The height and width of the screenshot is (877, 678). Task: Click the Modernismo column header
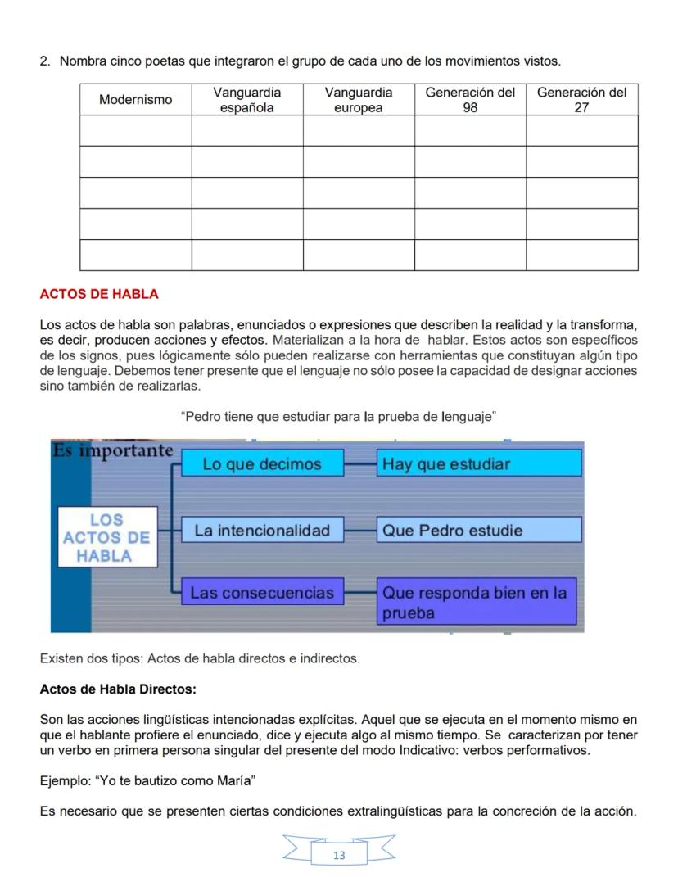(136, 100)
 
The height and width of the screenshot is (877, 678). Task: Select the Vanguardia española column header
(247, 100)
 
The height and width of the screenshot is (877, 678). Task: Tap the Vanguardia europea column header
(359, 100)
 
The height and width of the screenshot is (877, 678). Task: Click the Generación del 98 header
(470, 100)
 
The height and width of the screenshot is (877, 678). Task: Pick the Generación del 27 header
(581, 100)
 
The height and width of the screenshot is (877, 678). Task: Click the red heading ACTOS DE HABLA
(99, 294)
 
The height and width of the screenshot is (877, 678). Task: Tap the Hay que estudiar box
(479, 464)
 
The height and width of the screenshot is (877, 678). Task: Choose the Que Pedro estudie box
(479, 530)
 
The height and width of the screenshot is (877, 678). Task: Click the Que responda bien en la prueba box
(479, 602)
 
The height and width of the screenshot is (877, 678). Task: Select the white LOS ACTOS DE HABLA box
(106, 537)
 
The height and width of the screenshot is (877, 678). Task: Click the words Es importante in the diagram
(113, 451)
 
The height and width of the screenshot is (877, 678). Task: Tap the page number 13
(339, 856)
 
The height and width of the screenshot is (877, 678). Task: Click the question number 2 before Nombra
(45, 61)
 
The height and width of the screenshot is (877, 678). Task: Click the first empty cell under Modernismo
(136, 131)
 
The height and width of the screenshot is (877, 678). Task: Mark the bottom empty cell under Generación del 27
(581, 255)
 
